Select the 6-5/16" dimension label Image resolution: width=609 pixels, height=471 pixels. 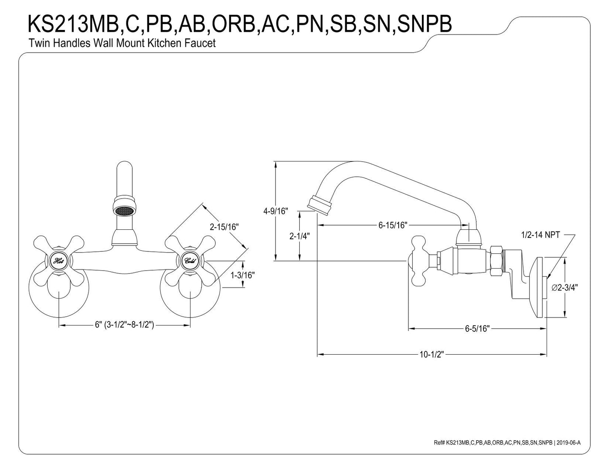(x=477, y=328)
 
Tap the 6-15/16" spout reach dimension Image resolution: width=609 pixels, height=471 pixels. (x=392, y=225)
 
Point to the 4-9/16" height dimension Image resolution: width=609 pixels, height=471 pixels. (x=275, y=211)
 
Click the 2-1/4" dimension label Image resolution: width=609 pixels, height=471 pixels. (x=299, y=236)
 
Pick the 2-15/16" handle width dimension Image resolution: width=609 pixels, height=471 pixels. (x=224, y=226)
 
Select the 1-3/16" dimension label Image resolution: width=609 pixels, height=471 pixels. (x=243, y=275)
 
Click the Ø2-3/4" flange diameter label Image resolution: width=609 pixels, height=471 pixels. (x=564, y=288)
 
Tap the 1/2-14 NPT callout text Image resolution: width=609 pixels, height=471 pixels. (x=540, y=235)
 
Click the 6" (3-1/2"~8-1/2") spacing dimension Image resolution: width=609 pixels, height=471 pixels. (x=124, y=325)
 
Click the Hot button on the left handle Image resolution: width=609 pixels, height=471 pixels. (x=58, y=261)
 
